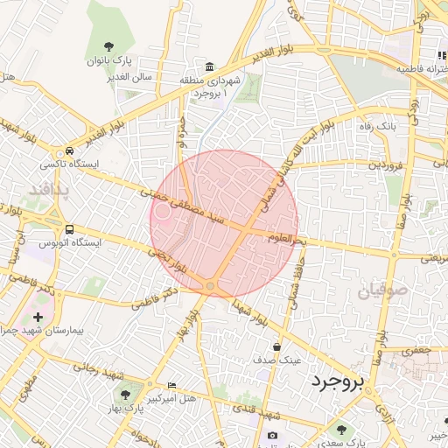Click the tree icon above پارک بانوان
point(108,46)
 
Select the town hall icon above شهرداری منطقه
point(210,67)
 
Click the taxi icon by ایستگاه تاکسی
point(69,150)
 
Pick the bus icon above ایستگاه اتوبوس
point(68,229)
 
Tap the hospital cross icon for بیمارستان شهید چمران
point(37,317)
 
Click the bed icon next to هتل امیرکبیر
point(171,386)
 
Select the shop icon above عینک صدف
point(277,346)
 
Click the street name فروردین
point(386,164)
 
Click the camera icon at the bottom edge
point(272,436)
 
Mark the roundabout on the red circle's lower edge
point(210,286)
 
